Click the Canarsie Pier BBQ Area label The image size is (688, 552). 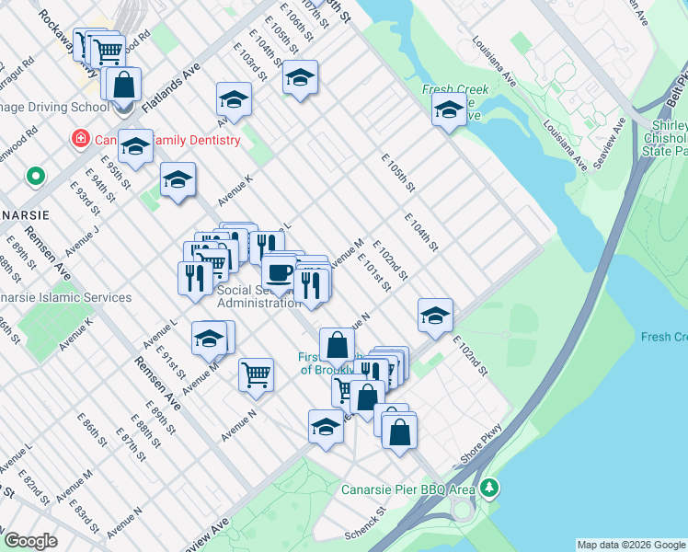click(x=408, y=489)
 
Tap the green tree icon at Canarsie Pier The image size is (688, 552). click(x=491, y=486)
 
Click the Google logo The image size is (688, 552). click(x=30, y=541)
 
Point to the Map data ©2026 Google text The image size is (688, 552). click(x=631, y=545)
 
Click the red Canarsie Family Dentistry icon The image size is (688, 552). click(x=81, y=140)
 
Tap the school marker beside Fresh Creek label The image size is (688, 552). click(x=449, y=110)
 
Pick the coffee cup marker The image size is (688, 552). click(x=279, y=273)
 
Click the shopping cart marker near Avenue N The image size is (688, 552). click(x=256, y=374)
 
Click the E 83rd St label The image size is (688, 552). click(x=88, y=514)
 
